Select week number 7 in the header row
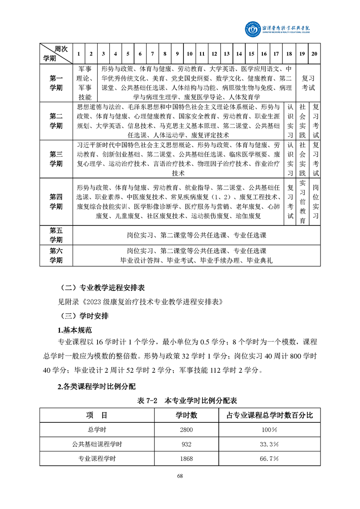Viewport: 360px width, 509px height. point(152,54)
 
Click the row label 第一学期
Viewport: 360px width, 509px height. point(56,83)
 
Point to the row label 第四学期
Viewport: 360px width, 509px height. point(56,202)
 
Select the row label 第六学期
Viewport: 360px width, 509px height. point(56,256)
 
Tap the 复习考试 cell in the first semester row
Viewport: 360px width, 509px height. point(308,83)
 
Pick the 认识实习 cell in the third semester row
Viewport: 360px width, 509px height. point(291,159)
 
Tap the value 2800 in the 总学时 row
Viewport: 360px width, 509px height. point(187,430)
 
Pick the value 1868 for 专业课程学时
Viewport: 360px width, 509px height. point(187,459)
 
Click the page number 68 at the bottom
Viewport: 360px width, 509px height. point(180,476)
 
